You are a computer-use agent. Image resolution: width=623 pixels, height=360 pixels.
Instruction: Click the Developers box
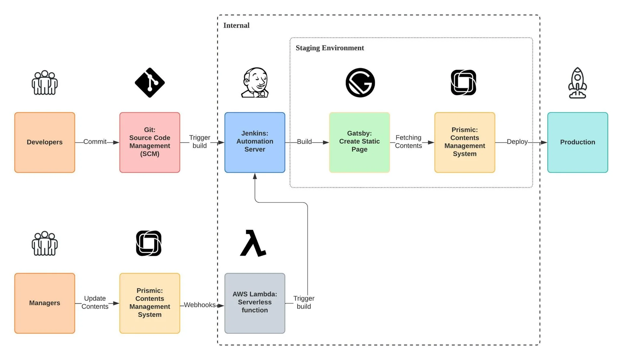pyautogui.click(x=44, y=142)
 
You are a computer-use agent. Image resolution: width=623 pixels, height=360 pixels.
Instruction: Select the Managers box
pyautogui.click(x=44, y=303)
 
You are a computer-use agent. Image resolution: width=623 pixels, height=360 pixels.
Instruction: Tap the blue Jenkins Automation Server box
pyautogui.click(x=255, y=142)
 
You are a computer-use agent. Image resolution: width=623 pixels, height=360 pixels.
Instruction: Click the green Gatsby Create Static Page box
pyautogui.click(x=359, y=142)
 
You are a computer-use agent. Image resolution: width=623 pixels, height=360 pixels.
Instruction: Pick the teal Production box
pyautogui.click(x=577, y=142)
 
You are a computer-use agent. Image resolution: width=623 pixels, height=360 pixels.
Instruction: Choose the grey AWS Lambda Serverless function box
pyautogui.click(x=255, y=303)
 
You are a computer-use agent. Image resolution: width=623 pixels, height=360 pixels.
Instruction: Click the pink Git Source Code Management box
pyautogui.click(x=150, y=142)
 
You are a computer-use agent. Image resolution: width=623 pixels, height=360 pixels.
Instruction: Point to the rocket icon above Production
pyautogui.click(x=577, y=83)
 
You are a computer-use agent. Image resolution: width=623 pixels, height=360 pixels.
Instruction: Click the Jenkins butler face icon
pyautogui.click(x=255, y=82)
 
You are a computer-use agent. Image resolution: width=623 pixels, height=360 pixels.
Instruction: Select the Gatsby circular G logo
pyautogui.click(x=360, y=83)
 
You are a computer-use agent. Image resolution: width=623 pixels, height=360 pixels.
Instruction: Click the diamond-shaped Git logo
pyautogui.click(x=150, y=83)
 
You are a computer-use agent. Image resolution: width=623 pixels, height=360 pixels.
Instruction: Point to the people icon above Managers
pyautogui.click(x=44, y=244)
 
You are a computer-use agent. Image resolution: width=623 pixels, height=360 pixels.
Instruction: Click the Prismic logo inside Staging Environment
pyautogui.click(x=463, y=82)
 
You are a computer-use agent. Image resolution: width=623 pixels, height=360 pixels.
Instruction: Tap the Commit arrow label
pyautogui.click(x=95, y=142)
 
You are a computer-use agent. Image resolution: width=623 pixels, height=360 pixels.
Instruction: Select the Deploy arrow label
pyautogui.click(x=517, y=142)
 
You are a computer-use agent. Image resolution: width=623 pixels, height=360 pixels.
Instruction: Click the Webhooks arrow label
pyautogui.click(x=199, y=305)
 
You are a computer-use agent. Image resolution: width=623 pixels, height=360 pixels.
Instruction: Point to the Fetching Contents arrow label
pyautogui.click(x=408, y=142)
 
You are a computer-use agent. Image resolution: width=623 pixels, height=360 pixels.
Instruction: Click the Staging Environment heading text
pyautogui.click(x=330, y=48)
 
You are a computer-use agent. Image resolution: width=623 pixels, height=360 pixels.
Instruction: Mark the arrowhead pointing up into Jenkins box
pyautogui.click(x=255, y=176)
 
